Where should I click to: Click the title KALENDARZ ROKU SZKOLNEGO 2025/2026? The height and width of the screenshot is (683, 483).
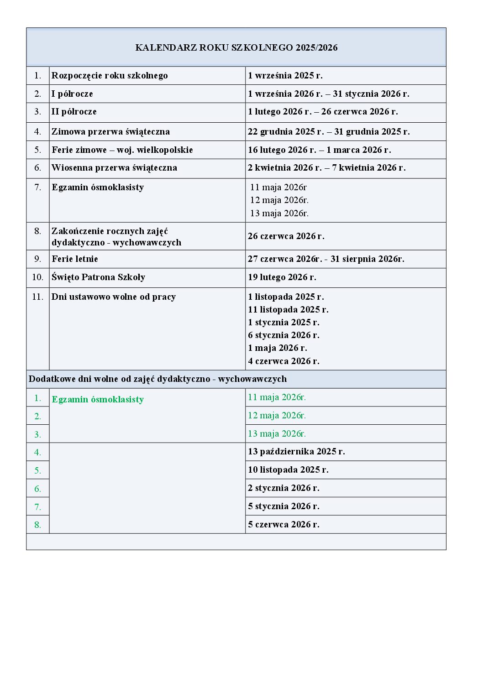[x=236, y=47]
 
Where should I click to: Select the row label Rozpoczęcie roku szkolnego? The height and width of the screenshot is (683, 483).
[x=110, y=76]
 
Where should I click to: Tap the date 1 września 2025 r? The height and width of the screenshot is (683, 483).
[x=285, y=76]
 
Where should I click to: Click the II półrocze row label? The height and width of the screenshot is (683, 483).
[x=74, y=112]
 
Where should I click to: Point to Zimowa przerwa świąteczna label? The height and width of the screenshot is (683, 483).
[x=110, y=132]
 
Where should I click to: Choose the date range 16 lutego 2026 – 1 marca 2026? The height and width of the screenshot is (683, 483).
[x=319, y=150]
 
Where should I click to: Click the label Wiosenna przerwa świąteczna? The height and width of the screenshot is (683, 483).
[x=114, y=168]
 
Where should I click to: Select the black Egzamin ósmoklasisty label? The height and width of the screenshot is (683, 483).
[x=98, y=188]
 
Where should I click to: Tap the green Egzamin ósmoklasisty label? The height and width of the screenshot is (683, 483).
[x=98, y=400]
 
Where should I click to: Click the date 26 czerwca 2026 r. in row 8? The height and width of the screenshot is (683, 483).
[x=286, y=236]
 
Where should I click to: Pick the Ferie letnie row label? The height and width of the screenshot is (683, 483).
[x=75, y=259]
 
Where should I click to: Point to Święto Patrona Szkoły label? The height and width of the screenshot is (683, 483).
[x=98, y=277]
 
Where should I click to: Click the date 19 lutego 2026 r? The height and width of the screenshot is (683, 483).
[x=282, y=277]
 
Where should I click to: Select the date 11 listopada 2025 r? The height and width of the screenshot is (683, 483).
[x=288, y=310]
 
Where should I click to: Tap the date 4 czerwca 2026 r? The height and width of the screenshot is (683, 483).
[x=283, y=361]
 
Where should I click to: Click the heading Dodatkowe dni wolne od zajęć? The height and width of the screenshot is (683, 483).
[x=157, y=379]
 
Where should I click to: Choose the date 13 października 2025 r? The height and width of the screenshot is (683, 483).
[x=296, y=452]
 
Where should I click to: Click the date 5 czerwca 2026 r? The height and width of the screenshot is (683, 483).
[x=283, y=525]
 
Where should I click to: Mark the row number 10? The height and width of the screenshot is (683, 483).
[x=37, y=277]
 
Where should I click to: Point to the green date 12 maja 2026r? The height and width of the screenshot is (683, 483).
[x=277, y=416]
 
